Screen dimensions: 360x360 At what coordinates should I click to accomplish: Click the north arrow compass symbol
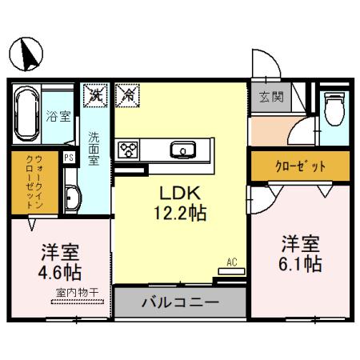30,55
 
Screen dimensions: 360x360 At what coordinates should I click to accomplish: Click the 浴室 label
57,114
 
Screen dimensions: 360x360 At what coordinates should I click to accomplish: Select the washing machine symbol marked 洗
97,94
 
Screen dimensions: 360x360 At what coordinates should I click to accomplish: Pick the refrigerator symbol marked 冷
126,94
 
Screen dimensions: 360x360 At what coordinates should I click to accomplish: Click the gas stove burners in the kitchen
128,148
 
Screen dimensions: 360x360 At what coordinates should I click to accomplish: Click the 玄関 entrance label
270,98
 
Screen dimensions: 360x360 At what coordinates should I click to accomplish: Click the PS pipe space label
69,157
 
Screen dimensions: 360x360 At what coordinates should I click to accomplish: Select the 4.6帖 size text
61,272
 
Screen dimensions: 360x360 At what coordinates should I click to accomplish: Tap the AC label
231,262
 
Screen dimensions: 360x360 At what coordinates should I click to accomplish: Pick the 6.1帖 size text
301,263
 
